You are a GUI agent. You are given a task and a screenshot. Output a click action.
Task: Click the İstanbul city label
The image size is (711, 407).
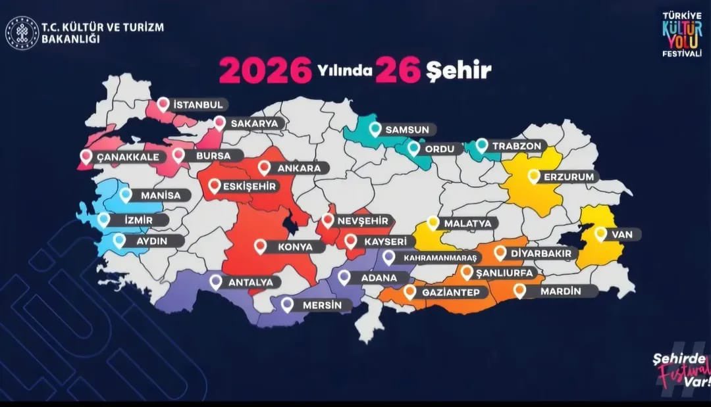(198, 105)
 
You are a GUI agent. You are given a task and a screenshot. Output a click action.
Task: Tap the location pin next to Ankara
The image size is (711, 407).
(265, 168)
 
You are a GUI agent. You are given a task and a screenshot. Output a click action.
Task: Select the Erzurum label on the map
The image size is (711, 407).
(569, 177)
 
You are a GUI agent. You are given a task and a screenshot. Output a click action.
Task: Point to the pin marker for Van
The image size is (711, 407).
(600, 233)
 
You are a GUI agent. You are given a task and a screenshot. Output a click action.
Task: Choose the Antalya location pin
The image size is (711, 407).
(216, 282)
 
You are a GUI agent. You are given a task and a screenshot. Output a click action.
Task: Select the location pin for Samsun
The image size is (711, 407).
(375, 129)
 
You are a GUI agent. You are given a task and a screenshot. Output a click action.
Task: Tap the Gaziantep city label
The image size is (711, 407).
(450, 292)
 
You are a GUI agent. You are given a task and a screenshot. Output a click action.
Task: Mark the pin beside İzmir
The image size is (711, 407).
(104, 220)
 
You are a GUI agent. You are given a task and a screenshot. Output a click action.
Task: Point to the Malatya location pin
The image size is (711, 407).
(433, 223)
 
